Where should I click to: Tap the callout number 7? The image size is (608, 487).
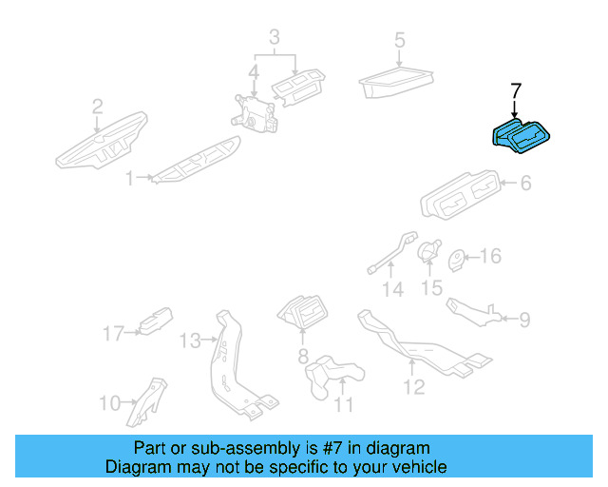click(x=516, y=91)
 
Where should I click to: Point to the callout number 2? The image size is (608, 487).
click(x=97, y=107)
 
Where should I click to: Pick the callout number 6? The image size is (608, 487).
click(x=524, y=184)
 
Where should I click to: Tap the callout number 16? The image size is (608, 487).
click(x=489, y=256)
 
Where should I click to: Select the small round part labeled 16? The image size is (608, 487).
click(x=456, y=258)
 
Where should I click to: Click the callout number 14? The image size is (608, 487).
click(x=393, y=288)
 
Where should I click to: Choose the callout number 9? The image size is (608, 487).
click(x=523, y=319)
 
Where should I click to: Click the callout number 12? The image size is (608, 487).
click(x=413, y=386)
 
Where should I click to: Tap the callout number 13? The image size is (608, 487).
click(x=190, y=340)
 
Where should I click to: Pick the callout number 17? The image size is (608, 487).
click(x=114, y=333)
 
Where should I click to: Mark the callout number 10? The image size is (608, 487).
click(x=109, y=402)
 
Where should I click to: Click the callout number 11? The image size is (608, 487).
click(x=343, y=404)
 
